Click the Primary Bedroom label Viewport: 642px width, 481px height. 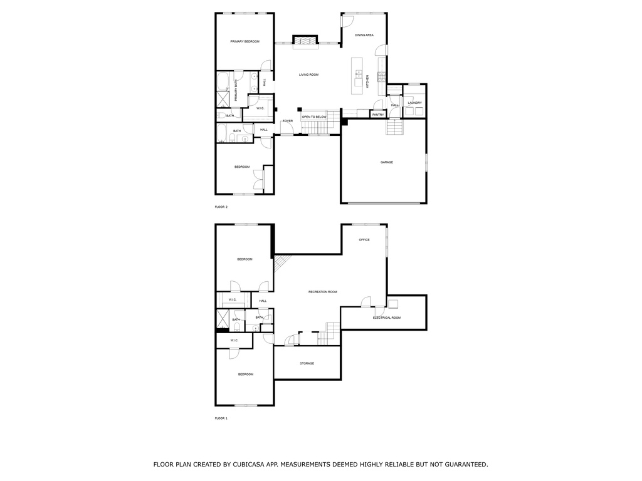pos(245,41)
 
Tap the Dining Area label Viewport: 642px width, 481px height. pos(364,35)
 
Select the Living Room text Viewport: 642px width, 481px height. pos(308,75)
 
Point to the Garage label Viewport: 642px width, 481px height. pos(386,162)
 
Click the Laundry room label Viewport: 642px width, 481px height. pos(415,103)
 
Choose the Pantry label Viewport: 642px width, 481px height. pos(378,115)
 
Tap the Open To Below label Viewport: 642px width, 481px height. pos(315,117)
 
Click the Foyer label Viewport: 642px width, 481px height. pos(288,121)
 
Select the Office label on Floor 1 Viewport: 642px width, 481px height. pos(364,240)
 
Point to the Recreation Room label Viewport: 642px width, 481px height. pos(323,292)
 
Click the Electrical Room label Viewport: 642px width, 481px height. pos(386,318)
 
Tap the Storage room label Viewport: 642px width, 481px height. pos(307,363)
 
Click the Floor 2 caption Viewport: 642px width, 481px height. pos(221,207)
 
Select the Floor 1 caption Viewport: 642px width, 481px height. pos(221,418)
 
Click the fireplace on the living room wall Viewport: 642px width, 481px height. pos(305,40)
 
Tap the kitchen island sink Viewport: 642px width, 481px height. pos(358,74)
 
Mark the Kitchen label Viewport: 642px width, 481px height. pos(367,81)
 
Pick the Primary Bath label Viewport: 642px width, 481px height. pos(236,91)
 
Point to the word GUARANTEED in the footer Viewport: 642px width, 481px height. pos(466,464)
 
